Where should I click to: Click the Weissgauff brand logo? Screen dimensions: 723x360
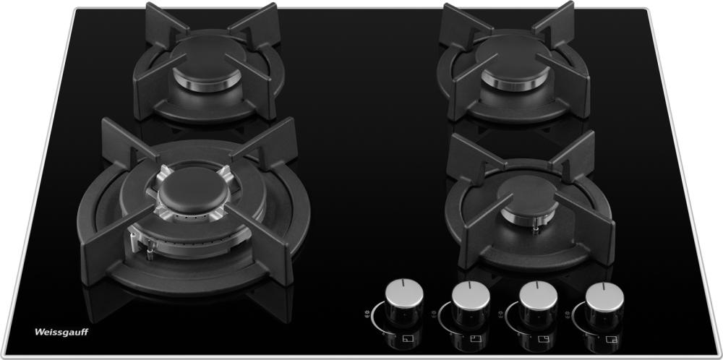click(x=61, y=332)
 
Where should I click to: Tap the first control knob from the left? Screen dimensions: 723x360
click(x=404, y=300)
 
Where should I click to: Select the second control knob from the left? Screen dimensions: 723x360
click(x=471, y=301)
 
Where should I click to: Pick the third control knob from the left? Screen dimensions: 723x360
click(x=538, y=301)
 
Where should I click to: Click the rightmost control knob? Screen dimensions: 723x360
click(x=604, y=301)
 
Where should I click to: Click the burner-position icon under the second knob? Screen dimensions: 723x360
click(x=474, y=339)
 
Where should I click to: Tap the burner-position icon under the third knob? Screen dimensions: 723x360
click(x=542, y=339)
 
